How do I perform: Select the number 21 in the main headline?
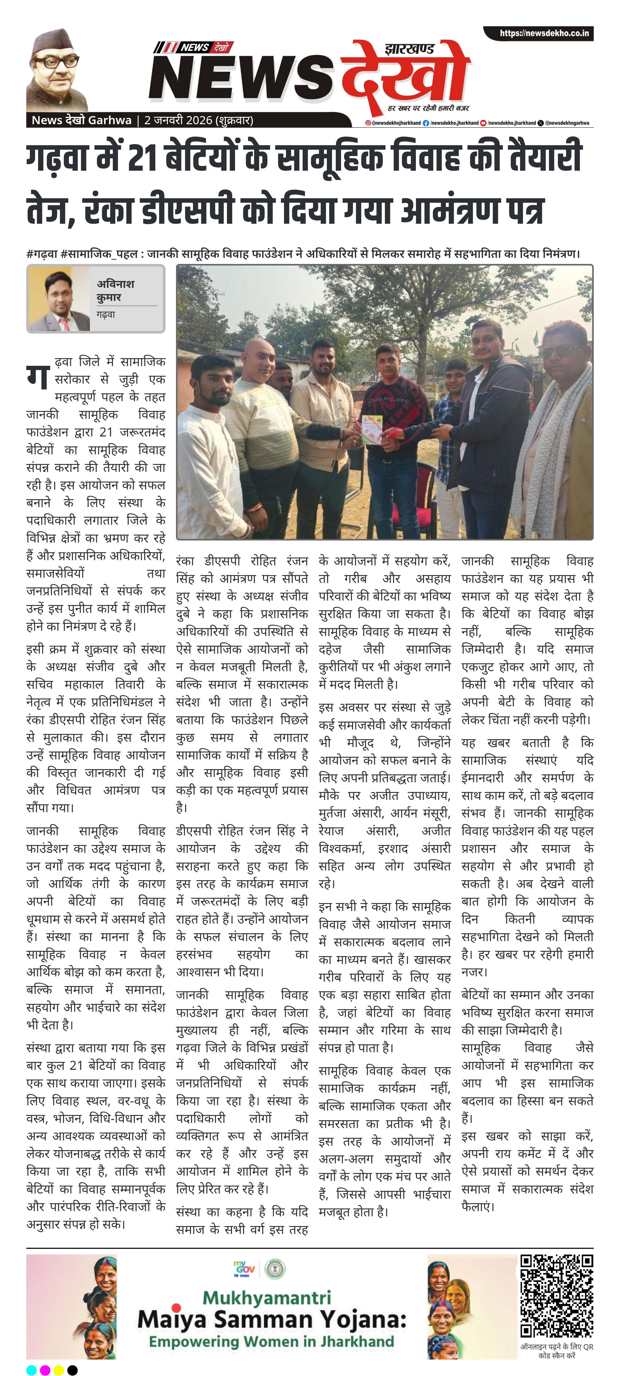coord(142,159)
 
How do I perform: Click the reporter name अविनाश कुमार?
coord(116,290)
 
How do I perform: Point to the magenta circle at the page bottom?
coord(45,1370)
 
